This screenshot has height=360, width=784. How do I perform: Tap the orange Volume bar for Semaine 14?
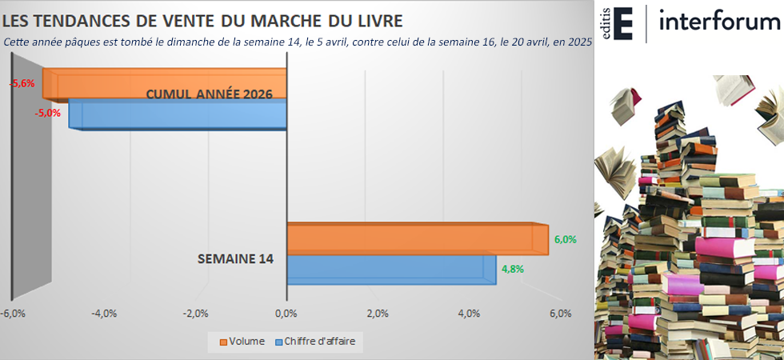coord(416,238)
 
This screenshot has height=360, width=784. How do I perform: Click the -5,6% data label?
coord(22,83)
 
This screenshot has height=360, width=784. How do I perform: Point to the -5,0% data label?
coord(48,113)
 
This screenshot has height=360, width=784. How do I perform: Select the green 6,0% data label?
coord(565,239)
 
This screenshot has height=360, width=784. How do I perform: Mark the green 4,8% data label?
coord(512,269)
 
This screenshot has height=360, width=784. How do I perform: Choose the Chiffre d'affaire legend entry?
coord(314,342)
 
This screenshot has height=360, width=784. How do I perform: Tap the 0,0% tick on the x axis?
coord(286,313)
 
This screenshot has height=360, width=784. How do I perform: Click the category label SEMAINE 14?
coord(235,259)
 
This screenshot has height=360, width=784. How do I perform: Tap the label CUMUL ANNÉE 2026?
coord(209,94)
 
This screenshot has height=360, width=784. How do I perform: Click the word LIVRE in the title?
coord(373,19)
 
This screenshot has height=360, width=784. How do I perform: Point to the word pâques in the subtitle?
coord(102,42)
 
